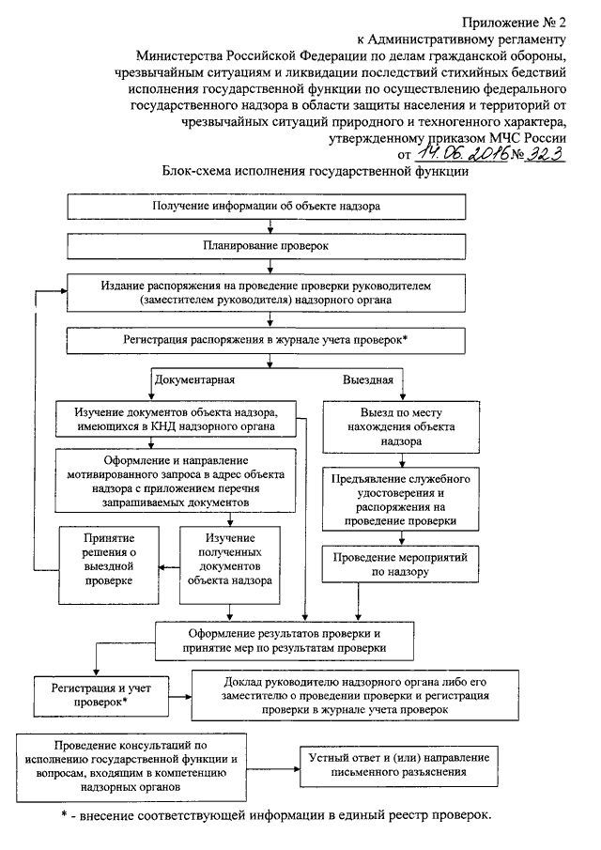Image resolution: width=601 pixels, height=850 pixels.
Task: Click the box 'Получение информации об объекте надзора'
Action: (x=266, y=207)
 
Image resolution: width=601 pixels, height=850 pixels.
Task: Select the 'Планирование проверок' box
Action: (x=266, y=246)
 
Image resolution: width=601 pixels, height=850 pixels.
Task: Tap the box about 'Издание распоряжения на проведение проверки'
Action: (x=266, y=293)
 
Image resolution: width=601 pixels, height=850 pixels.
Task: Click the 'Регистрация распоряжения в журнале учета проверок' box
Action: (x=266, y=340)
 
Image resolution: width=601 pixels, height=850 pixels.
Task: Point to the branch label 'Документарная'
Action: (x=194, y=379)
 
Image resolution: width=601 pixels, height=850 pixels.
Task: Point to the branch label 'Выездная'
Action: (x=368, y=379)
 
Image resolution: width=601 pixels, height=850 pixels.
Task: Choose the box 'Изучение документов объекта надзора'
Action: (x=177, y=419)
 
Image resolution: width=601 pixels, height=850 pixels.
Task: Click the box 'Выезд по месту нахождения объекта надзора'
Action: (x=401, y=426)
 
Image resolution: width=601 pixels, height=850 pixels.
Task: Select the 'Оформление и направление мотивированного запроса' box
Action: (x=177, y=481)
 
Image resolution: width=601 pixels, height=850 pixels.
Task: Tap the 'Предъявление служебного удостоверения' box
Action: (x=401, y=500)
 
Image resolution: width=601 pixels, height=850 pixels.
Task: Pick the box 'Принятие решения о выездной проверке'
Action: (x=109, y=564)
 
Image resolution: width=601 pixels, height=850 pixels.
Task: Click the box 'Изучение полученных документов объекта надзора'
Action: (x=230, y=564)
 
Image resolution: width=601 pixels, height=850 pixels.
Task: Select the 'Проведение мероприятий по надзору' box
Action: (x=400, y=564)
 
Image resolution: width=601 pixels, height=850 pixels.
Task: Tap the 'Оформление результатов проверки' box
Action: (x=285, y=641)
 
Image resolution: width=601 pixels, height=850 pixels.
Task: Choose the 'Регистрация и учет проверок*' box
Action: (x=101, y=695)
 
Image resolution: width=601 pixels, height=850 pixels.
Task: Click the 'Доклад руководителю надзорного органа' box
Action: (x=356, y=696)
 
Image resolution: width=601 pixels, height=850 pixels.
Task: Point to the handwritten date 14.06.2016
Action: (x=462, y=153)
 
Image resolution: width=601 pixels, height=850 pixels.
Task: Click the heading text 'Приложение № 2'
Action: (x=514, y=23)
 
